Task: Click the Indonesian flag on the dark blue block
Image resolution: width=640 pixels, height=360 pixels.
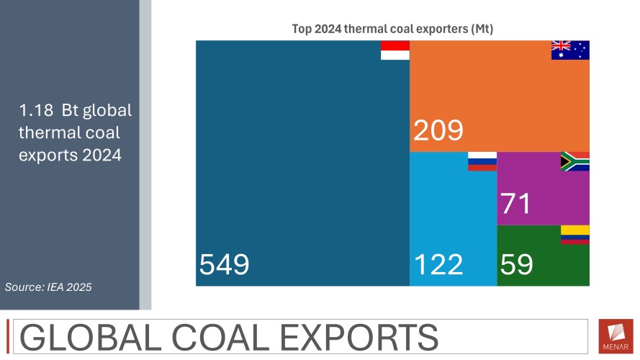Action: tap(395, 50)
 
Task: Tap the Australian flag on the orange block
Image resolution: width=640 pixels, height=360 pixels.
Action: tap(570, 50)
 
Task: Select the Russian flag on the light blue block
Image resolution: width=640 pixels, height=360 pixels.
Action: tap(482, 161)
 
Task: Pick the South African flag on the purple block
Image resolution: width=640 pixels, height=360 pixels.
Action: tap(574, 161)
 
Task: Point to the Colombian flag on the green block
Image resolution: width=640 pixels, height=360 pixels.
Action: tap(574, 234)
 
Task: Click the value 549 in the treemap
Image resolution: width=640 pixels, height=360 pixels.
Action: tap(224, 265)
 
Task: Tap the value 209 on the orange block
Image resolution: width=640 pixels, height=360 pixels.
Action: tap(438, 131)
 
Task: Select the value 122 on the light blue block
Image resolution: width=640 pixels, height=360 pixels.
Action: tap(438, 265)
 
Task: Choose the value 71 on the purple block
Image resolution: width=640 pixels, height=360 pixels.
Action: tap(516, 204)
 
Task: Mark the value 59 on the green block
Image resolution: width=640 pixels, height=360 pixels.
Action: tap(516, 265)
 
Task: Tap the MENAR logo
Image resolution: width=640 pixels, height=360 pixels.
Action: tap(616, 336)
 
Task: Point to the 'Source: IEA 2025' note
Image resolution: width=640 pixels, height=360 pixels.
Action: tap(48, 287)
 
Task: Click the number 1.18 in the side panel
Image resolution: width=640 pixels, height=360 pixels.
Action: tap(35, 112)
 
